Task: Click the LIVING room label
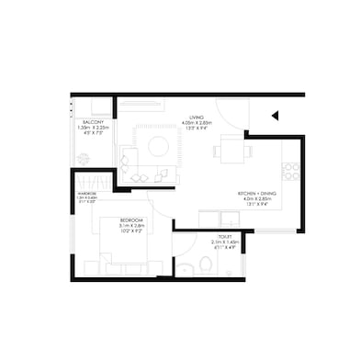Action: (x=196, y=118)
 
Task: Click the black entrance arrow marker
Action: (x=274, y=116)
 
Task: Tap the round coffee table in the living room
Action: (x=157, y=145)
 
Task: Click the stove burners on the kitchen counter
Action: (x=291, y=171)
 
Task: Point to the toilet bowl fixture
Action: (x=206, y=264)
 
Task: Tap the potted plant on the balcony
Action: (x=84, y=159)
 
